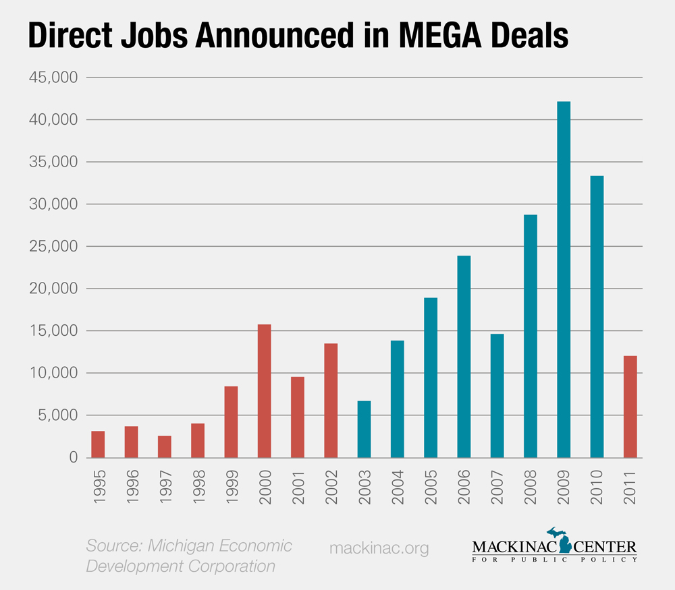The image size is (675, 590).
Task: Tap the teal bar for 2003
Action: click(364, 430)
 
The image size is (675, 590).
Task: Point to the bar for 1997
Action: click(165, 446)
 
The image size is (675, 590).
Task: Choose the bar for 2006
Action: click(464, 357)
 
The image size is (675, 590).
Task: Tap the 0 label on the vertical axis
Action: click(72, 458)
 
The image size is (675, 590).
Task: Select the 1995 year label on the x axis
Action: click(99, 480)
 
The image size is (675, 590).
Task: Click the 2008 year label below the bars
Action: click(531, 480)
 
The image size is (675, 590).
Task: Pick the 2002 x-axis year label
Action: click(331, 480)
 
